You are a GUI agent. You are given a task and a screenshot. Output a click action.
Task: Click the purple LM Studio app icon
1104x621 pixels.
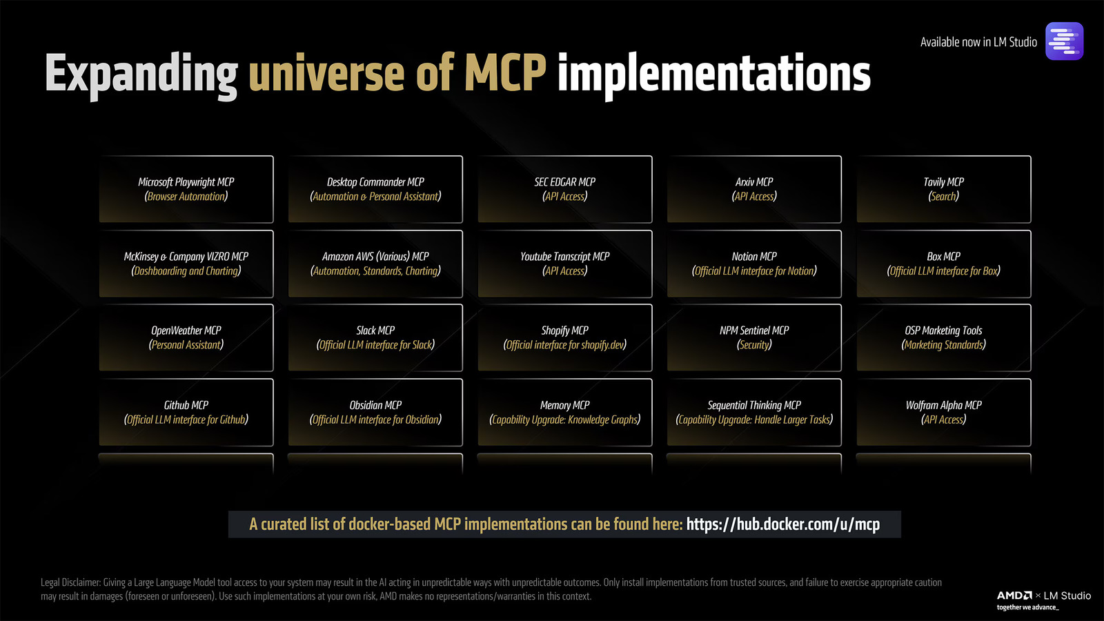click(1064, 41)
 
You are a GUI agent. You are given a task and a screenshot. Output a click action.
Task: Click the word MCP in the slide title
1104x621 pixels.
click(505, 73)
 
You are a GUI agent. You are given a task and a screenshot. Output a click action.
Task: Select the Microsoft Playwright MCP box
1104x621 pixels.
click(186, 189)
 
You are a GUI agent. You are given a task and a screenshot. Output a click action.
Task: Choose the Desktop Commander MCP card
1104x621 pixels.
click(375, 189)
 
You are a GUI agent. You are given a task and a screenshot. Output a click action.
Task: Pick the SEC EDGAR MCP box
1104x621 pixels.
click(565, 189)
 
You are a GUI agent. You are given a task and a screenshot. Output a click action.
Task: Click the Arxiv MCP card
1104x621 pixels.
click(754, 189)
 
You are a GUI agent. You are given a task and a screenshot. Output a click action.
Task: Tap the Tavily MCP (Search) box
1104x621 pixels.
click(943, 189)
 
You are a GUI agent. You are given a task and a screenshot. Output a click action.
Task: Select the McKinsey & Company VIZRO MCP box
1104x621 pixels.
click(186, 264)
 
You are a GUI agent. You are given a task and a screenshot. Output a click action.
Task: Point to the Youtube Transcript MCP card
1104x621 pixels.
click(565, 264)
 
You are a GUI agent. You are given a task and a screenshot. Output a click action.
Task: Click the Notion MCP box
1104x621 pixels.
click(754, 264)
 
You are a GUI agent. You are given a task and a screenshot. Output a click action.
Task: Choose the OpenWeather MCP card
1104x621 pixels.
click(186, 337)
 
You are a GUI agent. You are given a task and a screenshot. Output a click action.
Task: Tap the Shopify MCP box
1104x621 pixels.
click(565, 337)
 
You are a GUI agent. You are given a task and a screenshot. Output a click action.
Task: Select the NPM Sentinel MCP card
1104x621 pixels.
click(754, 337)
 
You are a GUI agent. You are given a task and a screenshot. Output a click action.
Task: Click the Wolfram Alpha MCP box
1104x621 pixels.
click(943, 412)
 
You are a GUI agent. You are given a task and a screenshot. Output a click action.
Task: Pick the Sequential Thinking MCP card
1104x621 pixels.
click(754, 412)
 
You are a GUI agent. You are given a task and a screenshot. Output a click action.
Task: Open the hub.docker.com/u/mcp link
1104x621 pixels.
click(783, 524)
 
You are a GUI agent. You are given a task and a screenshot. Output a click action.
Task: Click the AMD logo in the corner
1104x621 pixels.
click(1014, 595)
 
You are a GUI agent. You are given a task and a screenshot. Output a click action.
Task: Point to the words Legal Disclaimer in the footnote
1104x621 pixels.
click(70, 582)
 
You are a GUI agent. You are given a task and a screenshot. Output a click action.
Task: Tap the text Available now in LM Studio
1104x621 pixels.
click(978, 42)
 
